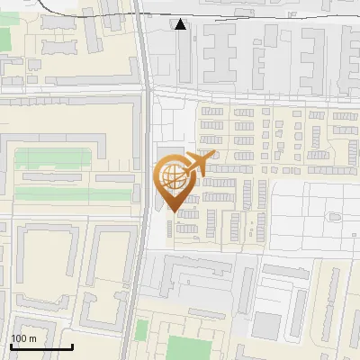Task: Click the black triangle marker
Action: pos(181,24)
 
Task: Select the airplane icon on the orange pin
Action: pos(200,165)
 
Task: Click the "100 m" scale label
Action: pos(24,338)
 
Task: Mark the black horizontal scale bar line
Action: pos(41,346)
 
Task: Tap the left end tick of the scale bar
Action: pos(11,345)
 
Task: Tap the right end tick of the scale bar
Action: pos(72,345)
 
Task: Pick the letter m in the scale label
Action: pos(32,338)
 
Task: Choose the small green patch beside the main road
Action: pos(141,330)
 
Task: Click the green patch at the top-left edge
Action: pos(4,39)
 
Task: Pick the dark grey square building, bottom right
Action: pos(266,325)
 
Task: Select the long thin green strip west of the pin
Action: pos(54,193)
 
